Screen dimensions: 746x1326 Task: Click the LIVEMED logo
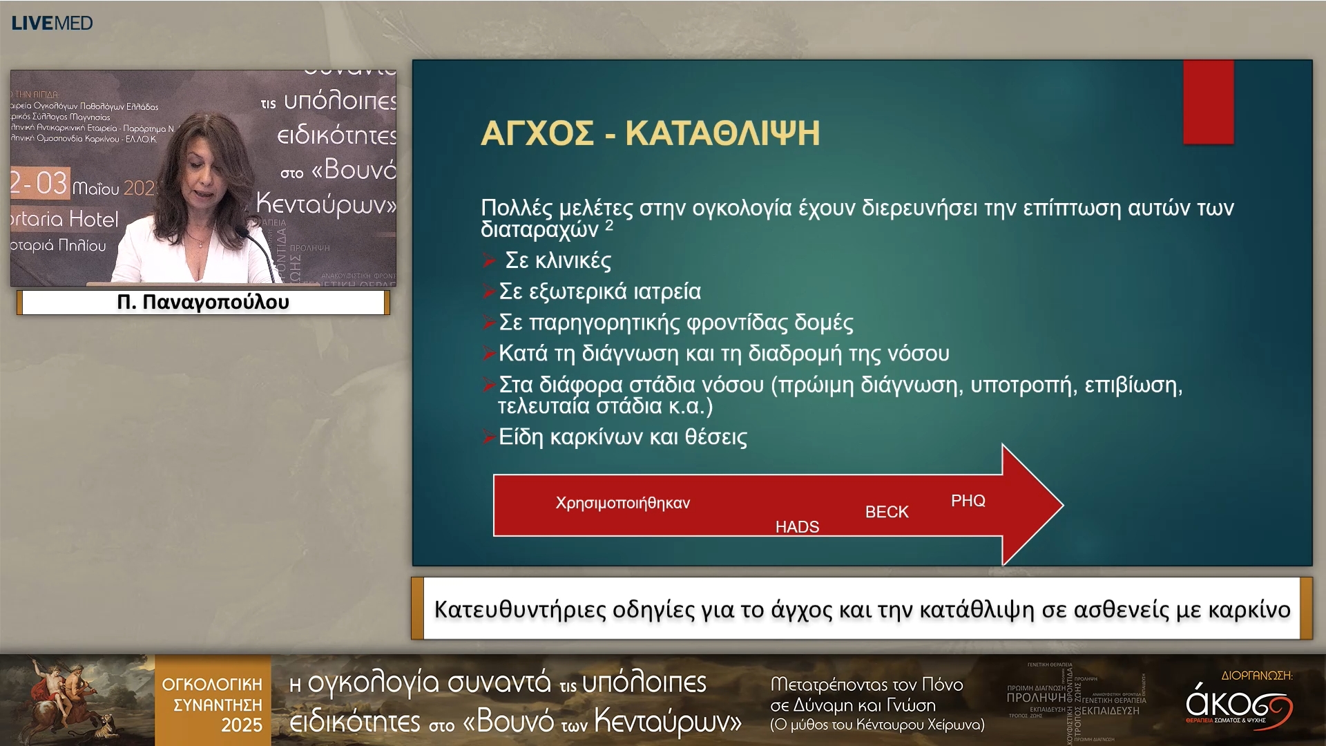point(52,23)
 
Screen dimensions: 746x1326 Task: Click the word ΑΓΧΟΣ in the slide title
point(537,133)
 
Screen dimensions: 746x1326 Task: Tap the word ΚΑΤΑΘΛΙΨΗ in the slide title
point(722,133)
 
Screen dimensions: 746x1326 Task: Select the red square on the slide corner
point(1208,102)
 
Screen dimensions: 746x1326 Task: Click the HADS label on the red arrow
point(797,527)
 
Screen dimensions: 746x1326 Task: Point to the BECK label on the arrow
point(887,512)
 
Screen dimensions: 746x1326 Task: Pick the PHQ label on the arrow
point(968,501)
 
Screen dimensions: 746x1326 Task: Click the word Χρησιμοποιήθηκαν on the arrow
point(622,503)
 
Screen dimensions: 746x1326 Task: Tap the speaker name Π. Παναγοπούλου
point(203,302)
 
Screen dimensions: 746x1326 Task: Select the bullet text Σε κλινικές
point(558,260)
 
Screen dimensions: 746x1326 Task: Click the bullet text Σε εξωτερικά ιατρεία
point(599,291)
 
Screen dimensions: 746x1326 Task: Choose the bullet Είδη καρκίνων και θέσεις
point(622,437)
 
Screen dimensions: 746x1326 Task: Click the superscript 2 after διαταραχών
point(609,225)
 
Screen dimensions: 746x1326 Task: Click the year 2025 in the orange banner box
point(241,725)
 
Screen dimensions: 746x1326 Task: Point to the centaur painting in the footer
point(76,699)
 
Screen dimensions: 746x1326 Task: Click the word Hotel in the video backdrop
point(94,219)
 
